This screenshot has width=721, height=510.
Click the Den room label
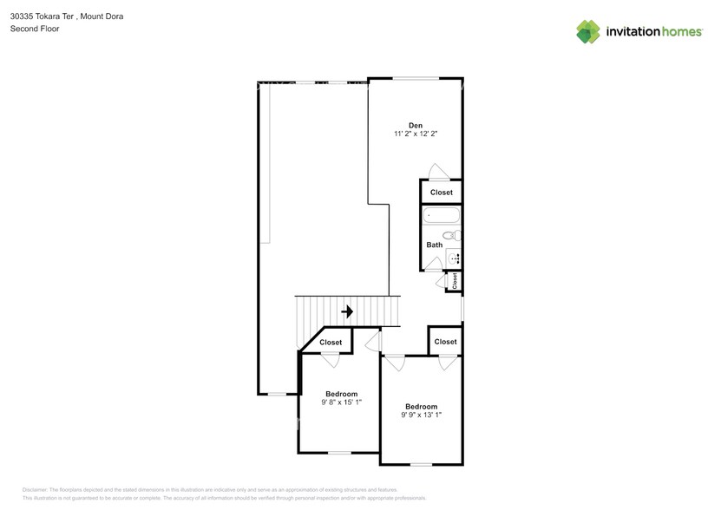point(415,125)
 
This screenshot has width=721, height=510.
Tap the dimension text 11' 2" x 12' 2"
point(415,134)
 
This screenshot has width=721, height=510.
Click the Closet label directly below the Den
point(441,193)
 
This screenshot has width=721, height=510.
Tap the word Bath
point(434,245)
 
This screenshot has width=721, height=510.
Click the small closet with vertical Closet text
point(454,281)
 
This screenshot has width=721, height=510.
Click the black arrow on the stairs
point(347,311)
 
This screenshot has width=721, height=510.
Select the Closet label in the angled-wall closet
point(331,343)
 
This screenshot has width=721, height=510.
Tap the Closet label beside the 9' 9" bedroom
point(445,342)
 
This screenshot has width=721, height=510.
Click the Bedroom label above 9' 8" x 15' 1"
point(341,394)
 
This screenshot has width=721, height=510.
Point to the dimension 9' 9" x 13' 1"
point(421,415)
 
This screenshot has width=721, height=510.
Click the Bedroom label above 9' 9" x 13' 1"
point(421,406)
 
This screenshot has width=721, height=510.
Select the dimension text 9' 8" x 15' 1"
point(341,402)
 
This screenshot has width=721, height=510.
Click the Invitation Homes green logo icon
point(589,31)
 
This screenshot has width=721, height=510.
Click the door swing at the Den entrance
point(440,171)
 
